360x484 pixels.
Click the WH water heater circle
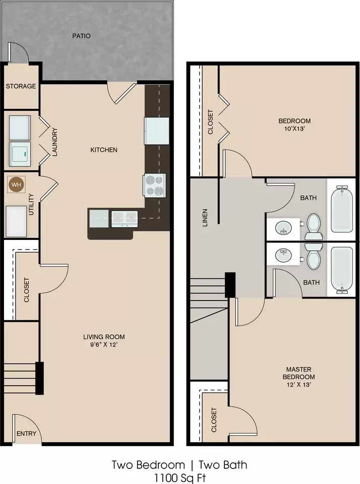point(16,185)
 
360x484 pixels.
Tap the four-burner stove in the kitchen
point(154,186)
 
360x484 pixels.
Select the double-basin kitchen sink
point(125,218)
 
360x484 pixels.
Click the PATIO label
point(82,36)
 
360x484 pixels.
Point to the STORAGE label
point(21,86)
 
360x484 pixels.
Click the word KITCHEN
point(104,150)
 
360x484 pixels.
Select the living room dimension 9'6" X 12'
point(104,344)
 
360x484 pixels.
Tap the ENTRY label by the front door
point(26,434)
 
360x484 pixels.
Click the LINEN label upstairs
point(205,218)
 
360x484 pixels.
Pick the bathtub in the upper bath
point(342,209)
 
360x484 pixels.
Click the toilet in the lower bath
point(314,256)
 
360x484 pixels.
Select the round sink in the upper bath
point(283,227)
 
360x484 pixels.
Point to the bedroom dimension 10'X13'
point(294,129)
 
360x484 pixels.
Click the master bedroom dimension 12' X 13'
point(298,385)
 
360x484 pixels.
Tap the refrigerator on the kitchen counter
point(157,131)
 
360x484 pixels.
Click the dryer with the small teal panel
point(20,154)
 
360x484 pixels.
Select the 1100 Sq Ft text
point(179,478)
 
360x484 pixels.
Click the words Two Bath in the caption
point(223,464)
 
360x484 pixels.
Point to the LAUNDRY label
point(55,142)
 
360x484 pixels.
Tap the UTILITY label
point(31,204)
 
